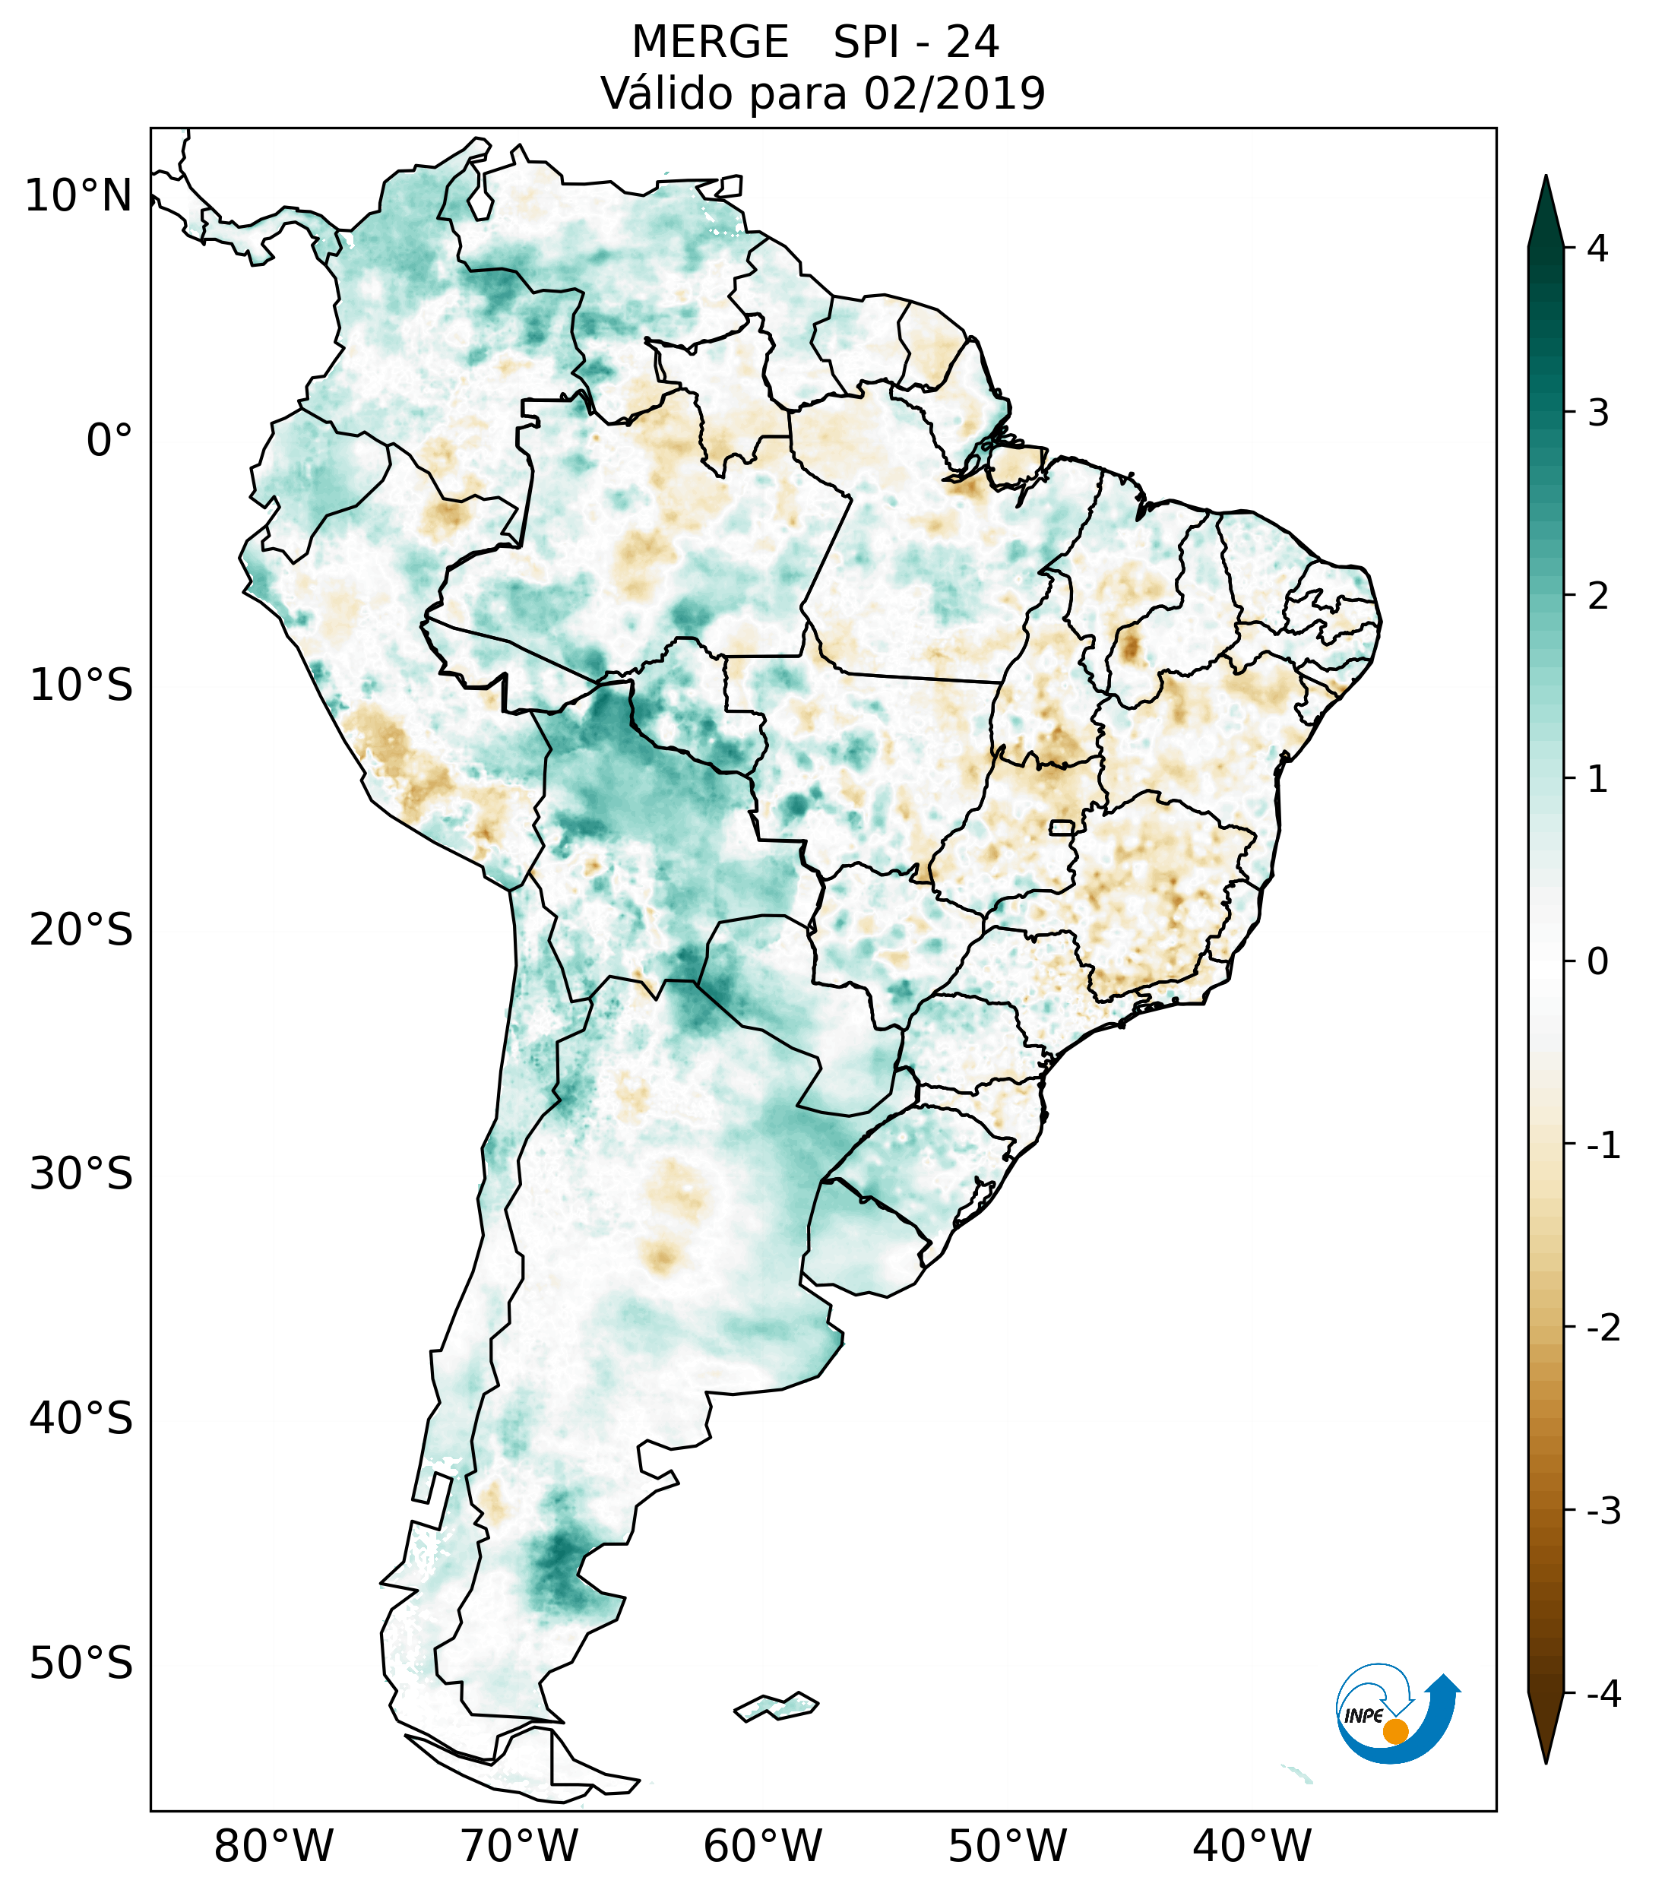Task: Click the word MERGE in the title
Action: tap(711, 43)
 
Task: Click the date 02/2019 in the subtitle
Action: tap(954, 93)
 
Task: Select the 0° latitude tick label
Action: tap(109, 441)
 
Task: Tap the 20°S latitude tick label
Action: tap(81, 930)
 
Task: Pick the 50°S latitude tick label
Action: tap(81, 1663)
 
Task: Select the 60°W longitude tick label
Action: tap(762, 1846)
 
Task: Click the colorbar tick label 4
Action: tap(1597, 248)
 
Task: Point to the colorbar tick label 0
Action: tap(1597, 962)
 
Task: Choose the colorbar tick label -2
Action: tap(1603, 1328)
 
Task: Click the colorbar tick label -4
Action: tap(1603, 1695)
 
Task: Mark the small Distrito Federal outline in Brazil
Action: tap(1062, 827)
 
